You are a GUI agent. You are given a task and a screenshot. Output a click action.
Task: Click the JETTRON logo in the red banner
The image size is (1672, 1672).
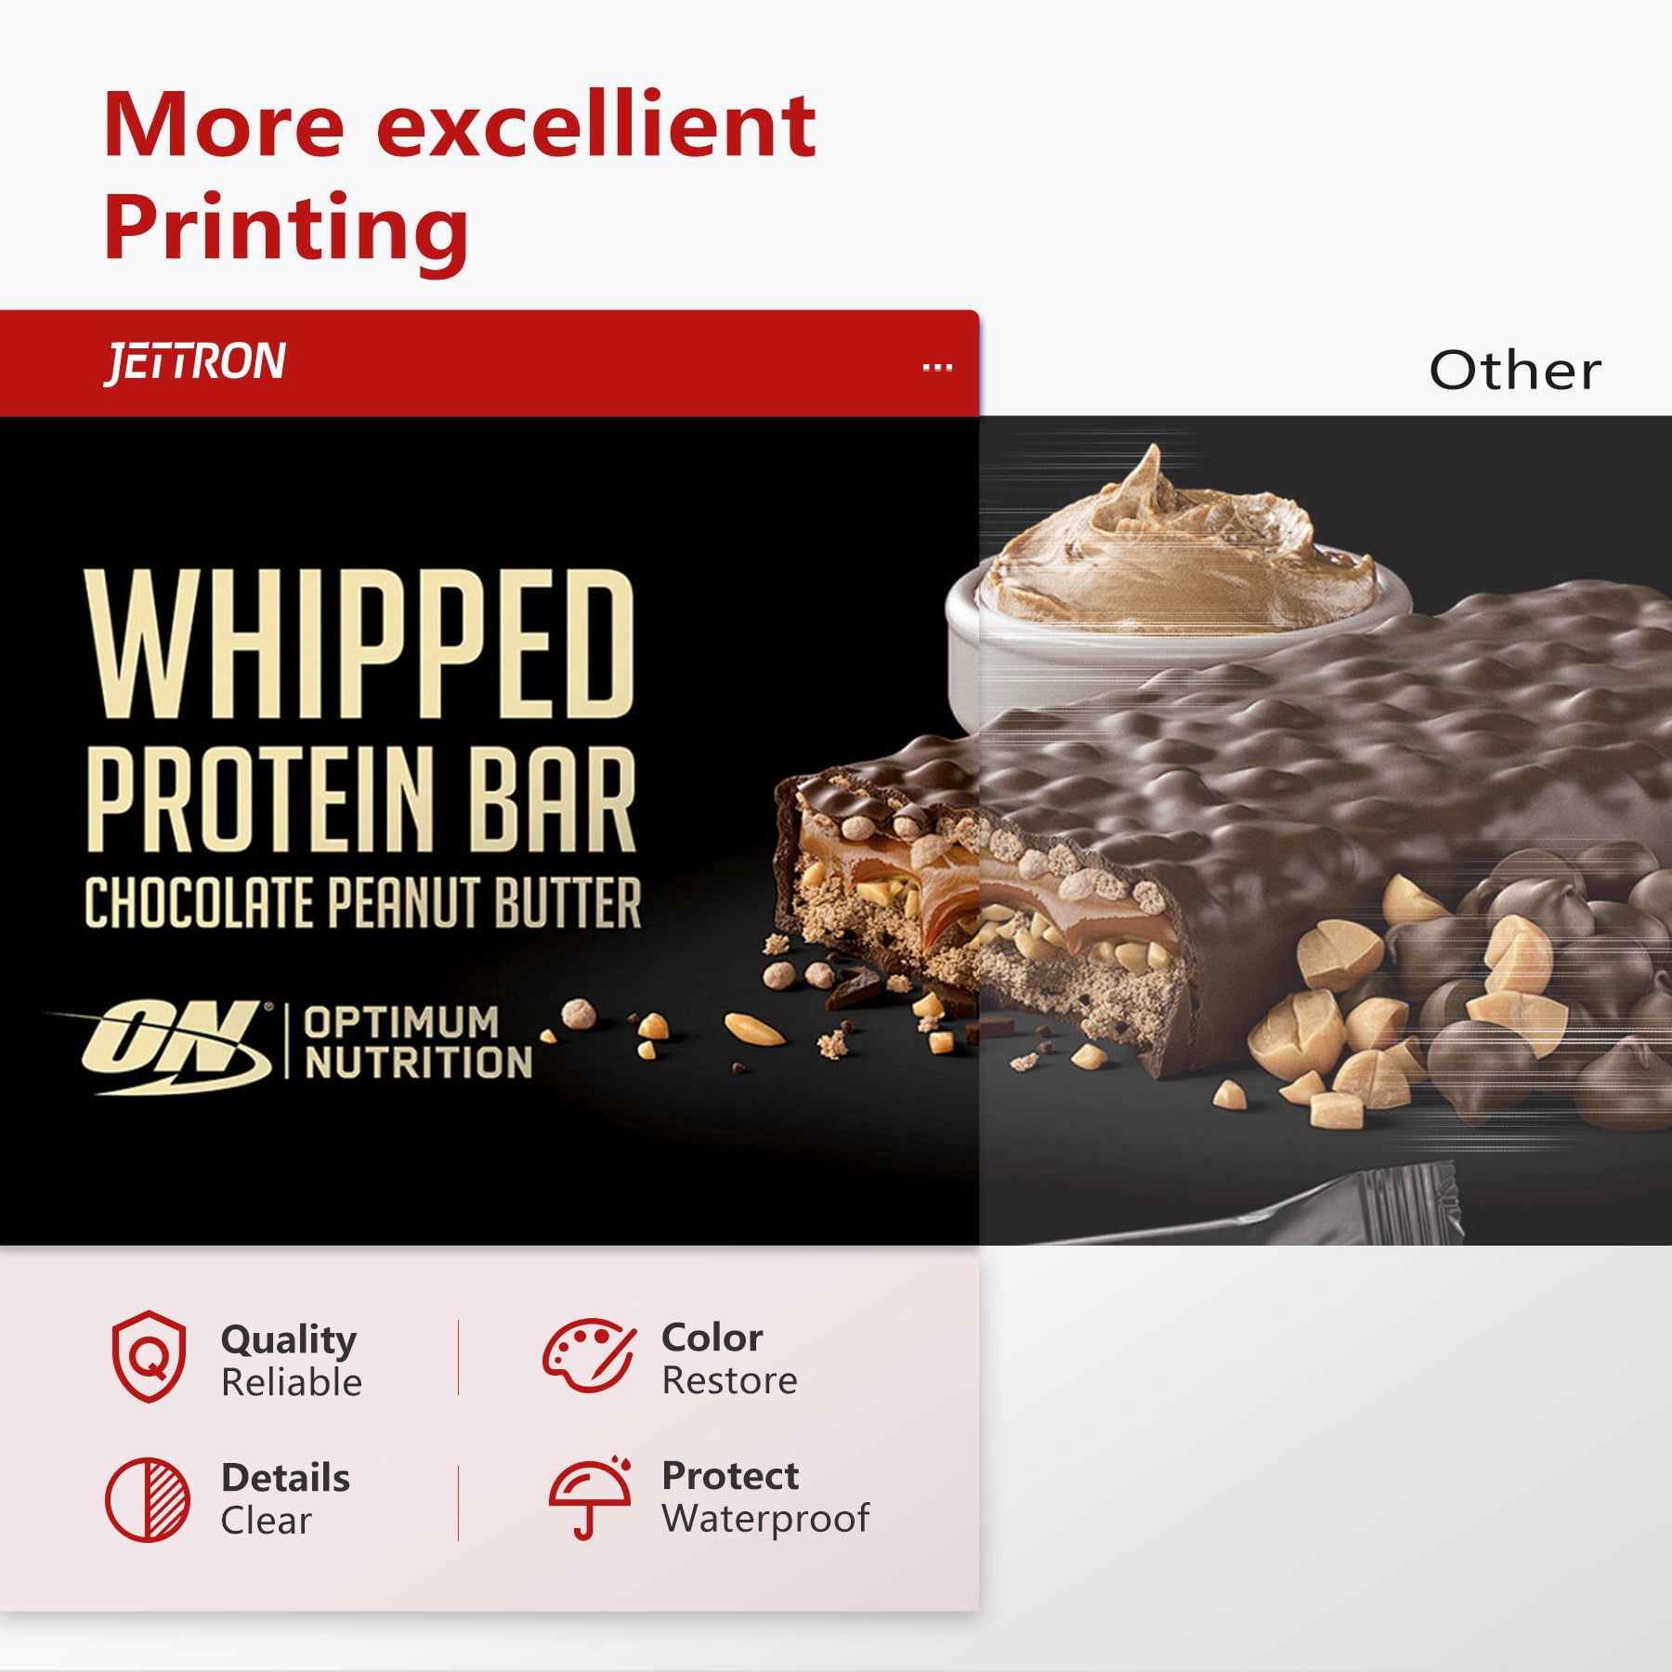click(x=195, y=363)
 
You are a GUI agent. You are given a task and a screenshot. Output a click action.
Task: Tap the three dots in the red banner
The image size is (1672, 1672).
click(x=937, y=368)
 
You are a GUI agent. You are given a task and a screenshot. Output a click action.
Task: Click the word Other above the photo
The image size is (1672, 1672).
click(x=1515, y=371)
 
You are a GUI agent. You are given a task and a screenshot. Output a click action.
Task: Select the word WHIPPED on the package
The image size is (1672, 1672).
click(x=360, y=644)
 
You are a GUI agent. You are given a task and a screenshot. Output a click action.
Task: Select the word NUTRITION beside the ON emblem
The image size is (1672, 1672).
click(x=418, y=1063)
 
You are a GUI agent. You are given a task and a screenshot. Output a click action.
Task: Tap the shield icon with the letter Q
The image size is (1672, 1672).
click(x=149, y=1356)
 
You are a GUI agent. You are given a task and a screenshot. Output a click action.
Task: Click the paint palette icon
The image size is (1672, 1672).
click(x=590, y=1356)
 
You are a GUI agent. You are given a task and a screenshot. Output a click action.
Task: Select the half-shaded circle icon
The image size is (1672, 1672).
click(x=148, y=1500)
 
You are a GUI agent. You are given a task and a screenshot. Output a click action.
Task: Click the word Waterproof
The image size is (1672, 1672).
click(x=765, y=1520)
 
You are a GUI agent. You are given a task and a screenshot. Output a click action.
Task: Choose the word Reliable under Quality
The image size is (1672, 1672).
click(x=292, y=1382)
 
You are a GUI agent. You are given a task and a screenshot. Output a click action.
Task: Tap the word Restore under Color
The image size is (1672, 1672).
click(x=729, y=1380)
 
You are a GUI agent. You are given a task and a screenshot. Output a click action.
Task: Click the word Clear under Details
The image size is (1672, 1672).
click(x=266, y=1521)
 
